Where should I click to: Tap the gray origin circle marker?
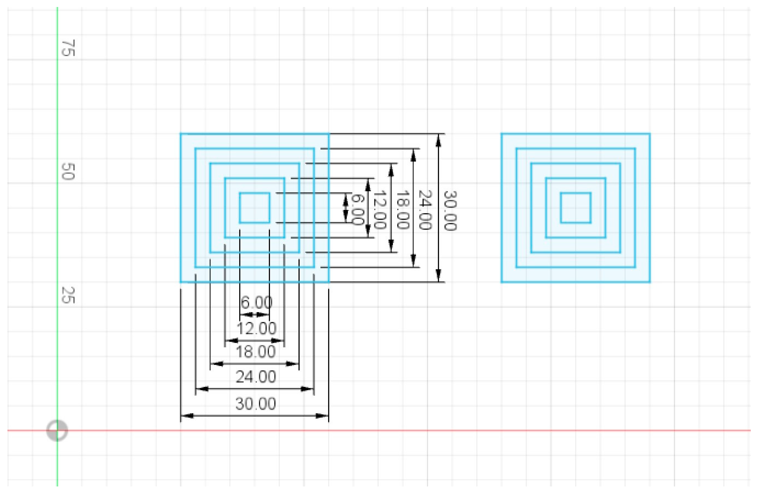[57, 431]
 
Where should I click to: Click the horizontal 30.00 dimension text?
[255, 404]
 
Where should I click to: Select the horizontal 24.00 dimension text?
[255, 377]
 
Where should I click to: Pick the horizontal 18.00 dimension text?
[255, 352]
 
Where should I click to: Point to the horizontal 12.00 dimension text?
[256, 328]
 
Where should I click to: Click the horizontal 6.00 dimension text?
[256, 302]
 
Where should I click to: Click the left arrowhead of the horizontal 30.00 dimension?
[187, 416]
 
